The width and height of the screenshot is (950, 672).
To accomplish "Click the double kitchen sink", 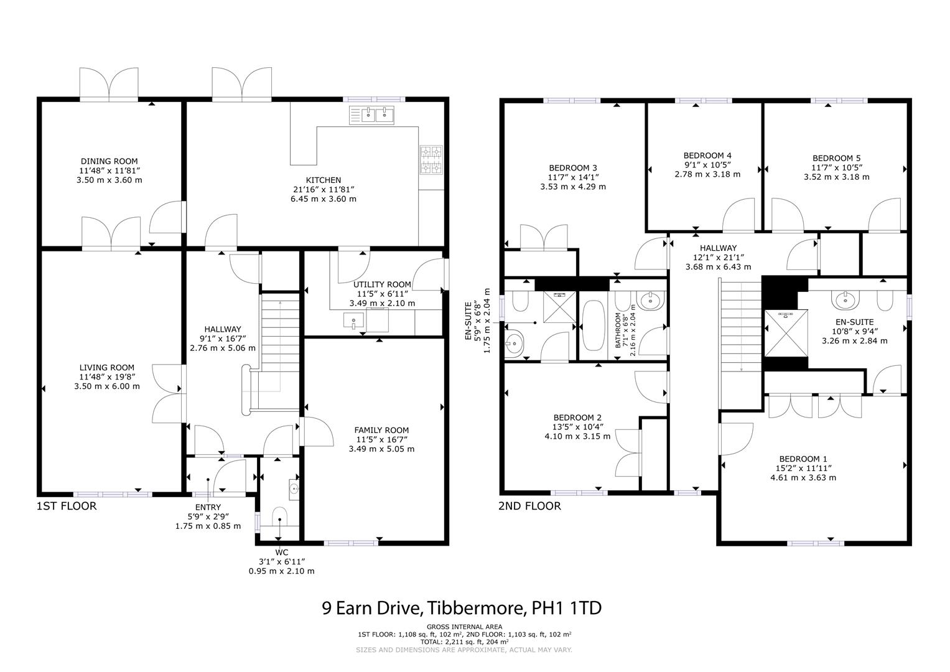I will (x=373, y=114).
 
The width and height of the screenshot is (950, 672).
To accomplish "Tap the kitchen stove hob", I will (x=431, y=160).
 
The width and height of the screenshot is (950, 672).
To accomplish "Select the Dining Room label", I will (x=109, y=161).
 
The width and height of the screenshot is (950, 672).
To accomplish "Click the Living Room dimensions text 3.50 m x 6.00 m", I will (x=106, y=386).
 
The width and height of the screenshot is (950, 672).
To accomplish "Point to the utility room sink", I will (x=353, y=322).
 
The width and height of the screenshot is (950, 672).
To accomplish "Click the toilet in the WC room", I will (x=280, y=517).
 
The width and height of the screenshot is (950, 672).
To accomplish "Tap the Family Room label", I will (x=381, y=430).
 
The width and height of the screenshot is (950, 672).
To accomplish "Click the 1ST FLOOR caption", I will (x=67, y=506).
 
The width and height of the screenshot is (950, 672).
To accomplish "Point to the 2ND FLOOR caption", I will (x=529, y=506).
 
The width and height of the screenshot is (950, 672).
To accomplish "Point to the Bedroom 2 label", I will (x=577, y=418).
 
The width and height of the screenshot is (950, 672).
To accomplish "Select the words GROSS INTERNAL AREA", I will (x=464, y=627).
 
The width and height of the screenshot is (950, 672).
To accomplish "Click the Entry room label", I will (x=207, y=507).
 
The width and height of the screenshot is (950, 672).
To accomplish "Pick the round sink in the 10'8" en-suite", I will (x=845, y=300).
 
